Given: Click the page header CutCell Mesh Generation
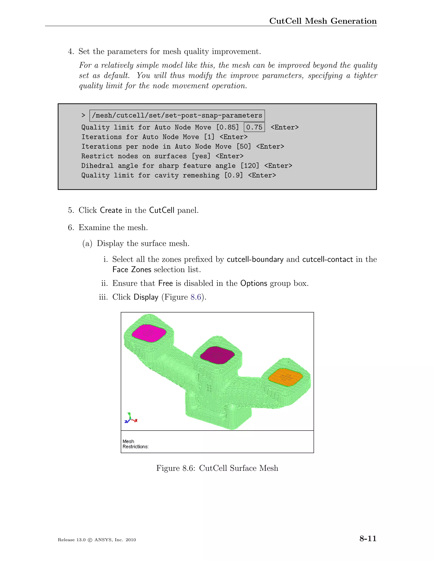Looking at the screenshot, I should tap(323, 21).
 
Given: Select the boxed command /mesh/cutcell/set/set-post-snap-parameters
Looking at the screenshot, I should tap(177, 116).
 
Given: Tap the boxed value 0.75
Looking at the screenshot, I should tap(254, 127).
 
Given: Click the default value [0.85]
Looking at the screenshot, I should tap(228, 127).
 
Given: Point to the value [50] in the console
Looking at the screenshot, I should tap(243, 147).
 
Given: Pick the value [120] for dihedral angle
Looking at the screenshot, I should tap(250, 166).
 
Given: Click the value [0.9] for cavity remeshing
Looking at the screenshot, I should tap(234, 175).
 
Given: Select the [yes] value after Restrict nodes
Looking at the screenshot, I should tap(201, 156).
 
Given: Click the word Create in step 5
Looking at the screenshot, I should tap(111, 210).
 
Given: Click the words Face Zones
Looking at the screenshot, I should tap(132, 270).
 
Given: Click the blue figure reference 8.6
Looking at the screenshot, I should tap(196, 297).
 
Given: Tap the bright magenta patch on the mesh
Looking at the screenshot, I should tap(149, 333).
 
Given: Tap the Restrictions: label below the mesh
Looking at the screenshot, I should tap(135, 447).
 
